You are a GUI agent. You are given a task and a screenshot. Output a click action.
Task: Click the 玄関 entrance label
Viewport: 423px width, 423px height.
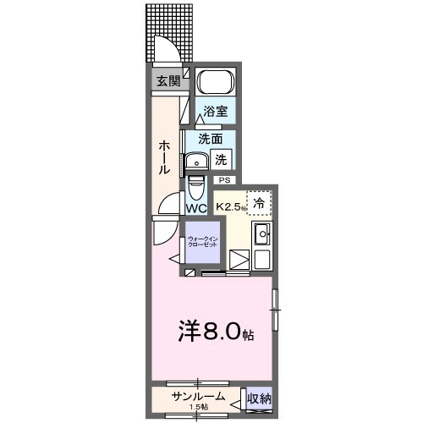click(x=167, y=82)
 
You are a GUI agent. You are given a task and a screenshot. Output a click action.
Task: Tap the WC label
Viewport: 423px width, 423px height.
click(x=196, y=207)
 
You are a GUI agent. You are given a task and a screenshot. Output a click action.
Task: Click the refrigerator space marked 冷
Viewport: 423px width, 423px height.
click(x=259, y=203)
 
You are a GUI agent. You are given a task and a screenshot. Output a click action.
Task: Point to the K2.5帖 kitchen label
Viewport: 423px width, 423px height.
click(x=229, y=206)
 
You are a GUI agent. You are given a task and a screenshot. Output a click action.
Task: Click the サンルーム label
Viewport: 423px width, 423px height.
click(x=197, y=397)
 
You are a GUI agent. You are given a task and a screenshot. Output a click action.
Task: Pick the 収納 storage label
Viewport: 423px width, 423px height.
click(x=259, y=398)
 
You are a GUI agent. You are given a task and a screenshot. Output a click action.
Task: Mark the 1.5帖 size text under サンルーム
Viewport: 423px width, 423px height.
click(x=199, y=409)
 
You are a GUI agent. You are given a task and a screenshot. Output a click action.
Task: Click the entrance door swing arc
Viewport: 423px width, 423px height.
click(x=166, y=52)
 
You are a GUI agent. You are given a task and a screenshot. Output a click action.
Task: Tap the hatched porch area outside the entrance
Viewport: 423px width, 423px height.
click(x=168, y=25)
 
